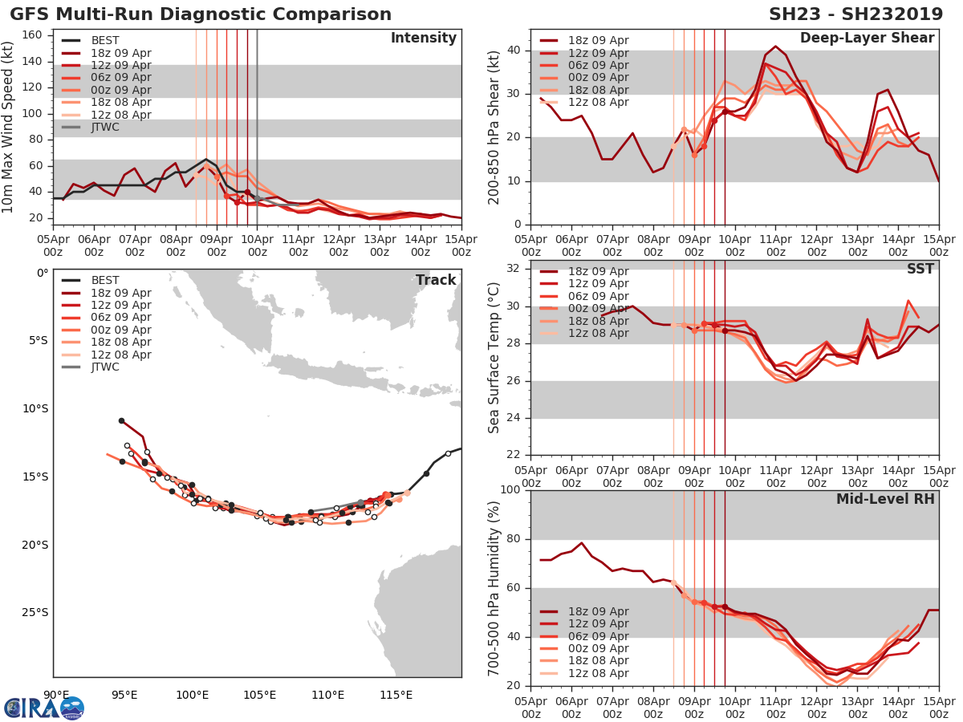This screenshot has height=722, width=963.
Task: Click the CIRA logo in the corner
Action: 44,708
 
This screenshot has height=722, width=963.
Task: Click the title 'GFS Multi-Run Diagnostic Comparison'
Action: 201,14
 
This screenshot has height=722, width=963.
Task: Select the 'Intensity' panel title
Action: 423,39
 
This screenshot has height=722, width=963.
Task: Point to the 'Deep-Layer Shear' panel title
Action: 867,39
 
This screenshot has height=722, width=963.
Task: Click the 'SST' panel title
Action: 920,269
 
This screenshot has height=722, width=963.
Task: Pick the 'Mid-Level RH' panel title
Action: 885,499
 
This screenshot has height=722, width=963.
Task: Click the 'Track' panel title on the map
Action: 436,280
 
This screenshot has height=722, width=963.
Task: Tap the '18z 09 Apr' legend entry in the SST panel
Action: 599,271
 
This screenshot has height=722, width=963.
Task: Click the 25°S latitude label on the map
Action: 34,613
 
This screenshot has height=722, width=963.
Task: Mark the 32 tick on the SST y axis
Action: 514,267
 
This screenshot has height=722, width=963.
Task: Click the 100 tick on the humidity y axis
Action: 511,490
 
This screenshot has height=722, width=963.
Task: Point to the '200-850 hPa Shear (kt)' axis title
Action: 494,128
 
